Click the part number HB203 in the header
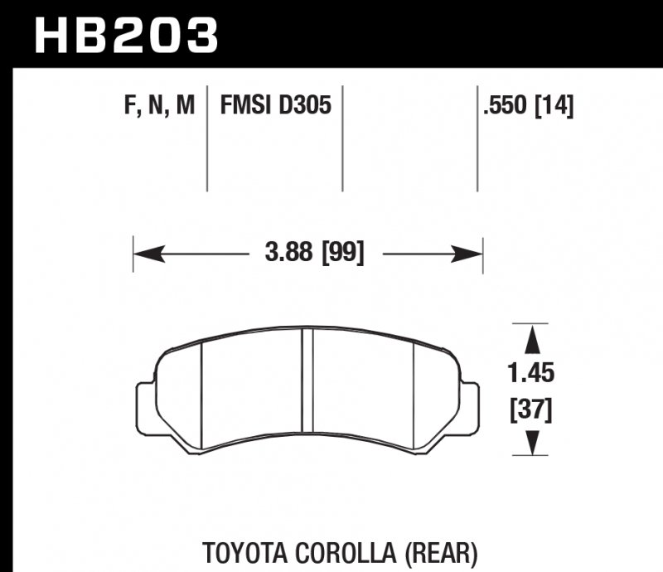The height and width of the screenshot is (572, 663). pos(124,35)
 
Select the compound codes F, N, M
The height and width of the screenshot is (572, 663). pos(160,106)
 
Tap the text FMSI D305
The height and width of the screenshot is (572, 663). pos(275,106)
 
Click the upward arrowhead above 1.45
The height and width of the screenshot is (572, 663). pos(531,337)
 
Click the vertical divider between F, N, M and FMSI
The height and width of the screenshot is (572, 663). pos(207,137)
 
